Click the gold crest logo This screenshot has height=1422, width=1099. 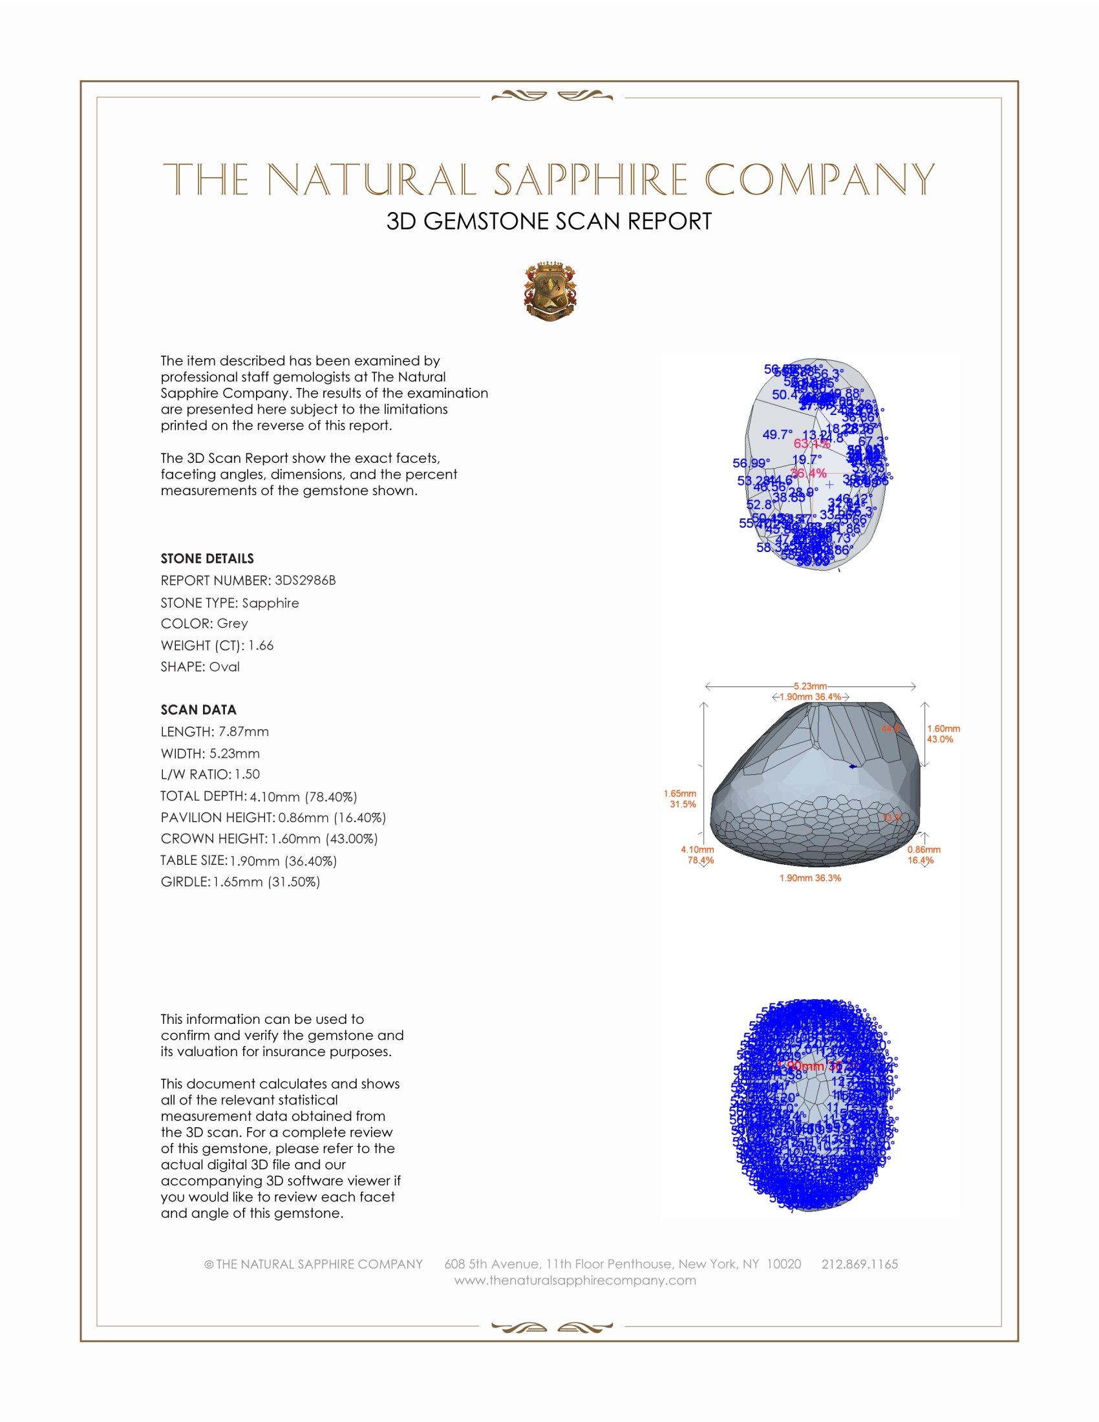(x=550, y=292)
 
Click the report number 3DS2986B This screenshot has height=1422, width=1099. (x=304, y=580)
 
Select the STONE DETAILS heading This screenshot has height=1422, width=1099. (x=207, y=558)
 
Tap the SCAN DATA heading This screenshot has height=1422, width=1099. (x=198, y=710)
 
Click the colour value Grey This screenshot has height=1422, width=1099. (x=233, y=623)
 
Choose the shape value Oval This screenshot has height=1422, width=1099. (x=224, y=667)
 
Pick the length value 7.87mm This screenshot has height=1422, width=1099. (x=244, y=731)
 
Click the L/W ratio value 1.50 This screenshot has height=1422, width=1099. (x=248, y=774)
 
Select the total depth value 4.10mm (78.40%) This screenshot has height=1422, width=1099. (x=303, y=796)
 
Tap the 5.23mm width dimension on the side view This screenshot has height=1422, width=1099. (x=810, y=686)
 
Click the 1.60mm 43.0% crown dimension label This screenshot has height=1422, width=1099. (x=943, y=734)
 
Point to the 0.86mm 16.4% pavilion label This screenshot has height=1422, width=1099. (x=923, y=855)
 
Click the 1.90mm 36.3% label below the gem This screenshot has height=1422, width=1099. (x=810, y=878)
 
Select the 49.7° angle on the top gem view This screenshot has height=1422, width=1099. (x=777, y=434)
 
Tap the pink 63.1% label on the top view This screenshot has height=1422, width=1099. (x=811, y=444)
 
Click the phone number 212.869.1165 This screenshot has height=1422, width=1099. (x=859, y=1264)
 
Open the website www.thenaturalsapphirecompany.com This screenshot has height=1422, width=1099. (x=575, y=1280)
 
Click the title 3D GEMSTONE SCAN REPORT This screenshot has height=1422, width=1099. (x=549, y=221)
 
